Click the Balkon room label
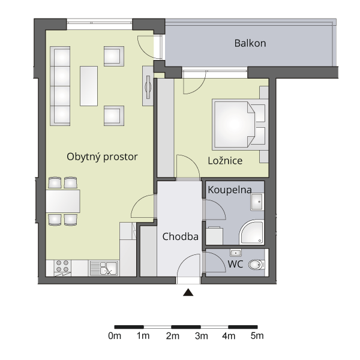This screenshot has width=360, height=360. (x=250, y=43)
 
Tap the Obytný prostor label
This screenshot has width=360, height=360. (x=102, y=157)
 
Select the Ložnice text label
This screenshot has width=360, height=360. (x=225, y=160)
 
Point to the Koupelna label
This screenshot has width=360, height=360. (x=230, y=190)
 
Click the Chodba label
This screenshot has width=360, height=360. (x=180, y=236)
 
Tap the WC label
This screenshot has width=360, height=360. (x=235, y=264)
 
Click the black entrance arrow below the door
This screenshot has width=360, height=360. (x=188, y=292)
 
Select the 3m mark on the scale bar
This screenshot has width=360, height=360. (x=202, y=336)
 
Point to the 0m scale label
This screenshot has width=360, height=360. (x=115, y=336)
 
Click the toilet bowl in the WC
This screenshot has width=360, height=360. (x=256, y=265)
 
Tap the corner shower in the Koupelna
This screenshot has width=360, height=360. (x=251, y=232)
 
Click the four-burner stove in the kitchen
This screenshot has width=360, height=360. (x=62, y=266)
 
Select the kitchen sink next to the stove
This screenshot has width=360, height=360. (x=104, y=268)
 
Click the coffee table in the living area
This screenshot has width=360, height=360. (x=89, y=86)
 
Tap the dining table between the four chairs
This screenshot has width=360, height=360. (x=63, y=201)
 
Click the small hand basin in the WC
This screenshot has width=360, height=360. (x=236, y=253)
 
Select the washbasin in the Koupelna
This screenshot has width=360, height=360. (x=257, y=202)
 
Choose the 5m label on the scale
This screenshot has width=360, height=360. (x=257, y=336)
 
